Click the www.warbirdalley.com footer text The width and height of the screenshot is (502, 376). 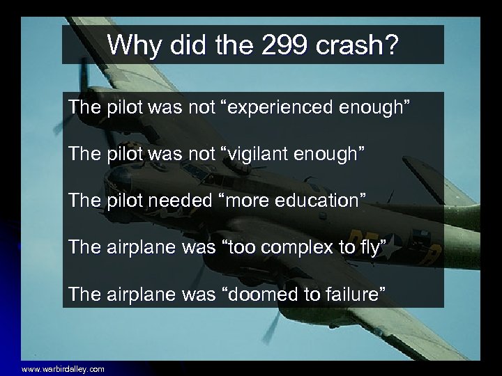point(63,369)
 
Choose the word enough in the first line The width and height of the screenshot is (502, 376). point(378,108)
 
